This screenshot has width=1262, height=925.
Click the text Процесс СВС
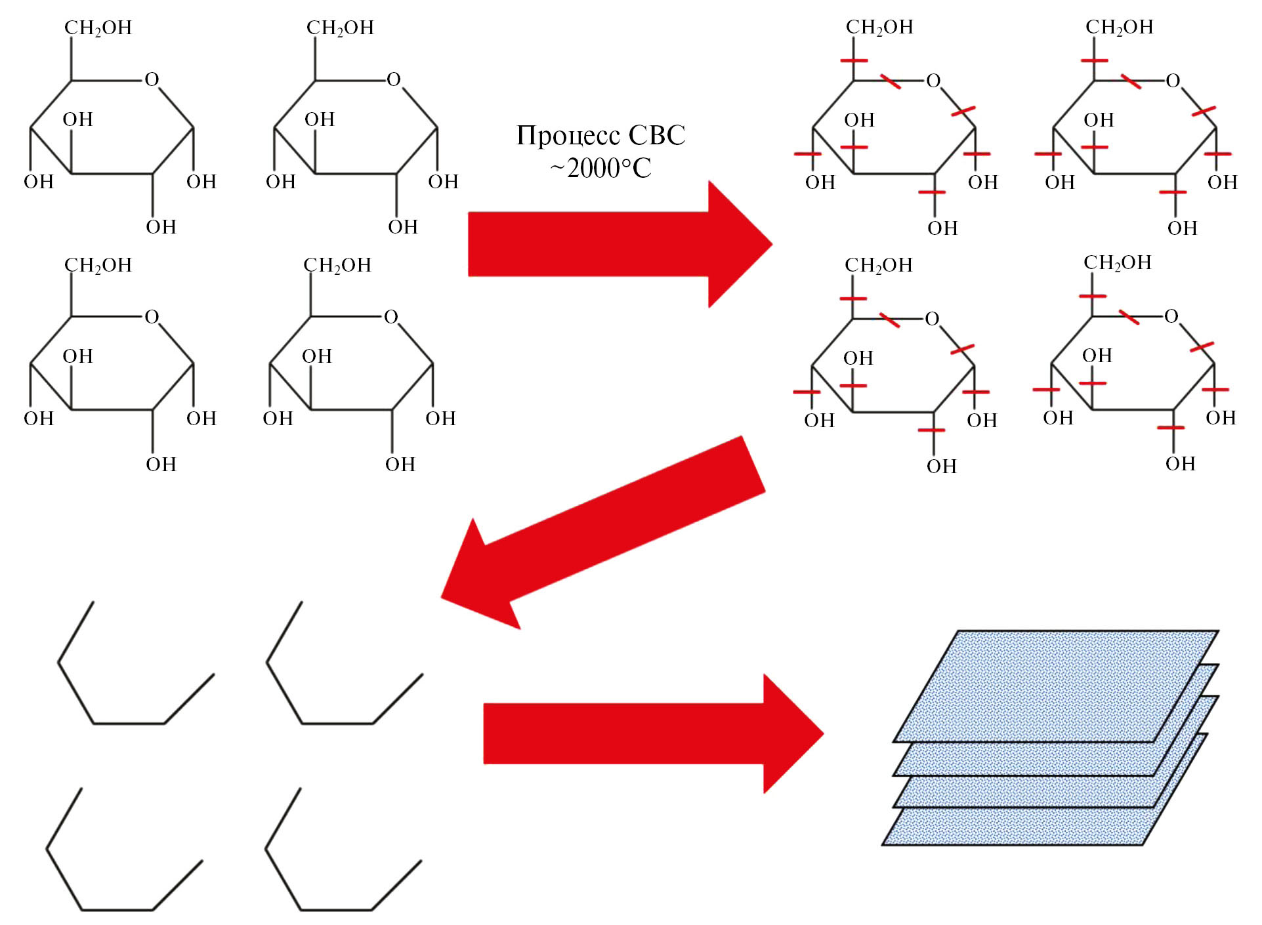point(600,136)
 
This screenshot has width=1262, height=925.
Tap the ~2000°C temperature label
point(600,169)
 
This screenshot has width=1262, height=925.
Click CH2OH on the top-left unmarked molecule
point(98,28)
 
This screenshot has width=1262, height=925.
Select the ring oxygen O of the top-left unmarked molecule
point(152,79)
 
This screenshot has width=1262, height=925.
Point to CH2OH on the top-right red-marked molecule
point(1119,27)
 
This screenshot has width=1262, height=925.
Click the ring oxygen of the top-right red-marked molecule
point(1173,81)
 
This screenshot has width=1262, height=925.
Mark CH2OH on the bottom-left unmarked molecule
point(98,265)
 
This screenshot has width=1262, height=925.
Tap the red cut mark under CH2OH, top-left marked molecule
point(854,60)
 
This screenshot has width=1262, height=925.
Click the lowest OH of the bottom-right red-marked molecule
point(1180,464)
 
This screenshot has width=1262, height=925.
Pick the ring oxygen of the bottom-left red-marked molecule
point(932,319)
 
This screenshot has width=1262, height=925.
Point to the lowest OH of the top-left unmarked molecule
point(161,227)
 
